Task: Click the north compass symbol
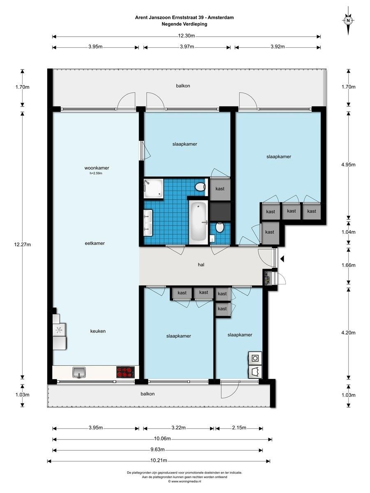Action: click(x=348, y=21)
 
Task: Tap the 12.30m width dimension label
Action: click(x=186, y=36)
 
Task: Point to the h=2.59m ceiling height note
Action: click(x=96, y=173)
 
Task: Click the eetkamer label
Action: click(x=95, y=243)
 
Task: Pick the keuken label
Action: click(x=98, y=331)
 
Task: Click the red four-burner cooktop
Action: click(x=125, y=372)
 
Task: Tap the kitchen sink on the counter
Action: click(x=79, y=373)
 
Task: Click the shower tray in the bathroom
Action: click(x=153, y=189)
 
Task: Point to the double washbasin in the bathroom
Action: click(x=148, y=223)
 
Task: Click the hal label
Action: click(x=201, y=265)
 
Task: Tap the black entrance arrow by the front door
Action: click(x=282, y=259)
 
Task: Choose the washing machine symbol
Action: click(x=255, y=358)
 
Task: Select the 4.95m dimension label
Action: click(x=348, y=164)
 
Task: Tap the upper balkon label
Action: click(x=183, y=85)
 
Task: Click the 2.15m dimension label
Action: click(x=239, y=427)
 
